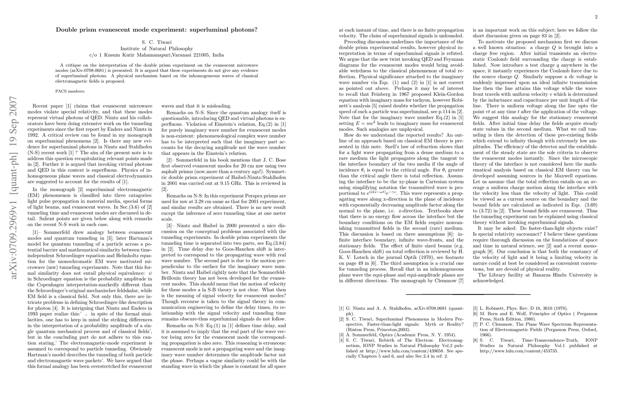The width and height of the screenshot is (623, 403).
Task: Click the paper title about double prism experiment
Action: pos(157,30)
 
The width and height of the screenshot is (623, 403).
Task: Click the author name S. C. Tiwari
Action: pos(157,42)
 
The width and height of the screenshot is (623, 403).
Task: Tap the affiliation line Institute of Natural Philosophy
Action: pos(157,49)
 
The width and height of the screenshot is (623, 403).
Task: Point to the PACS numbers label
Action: pos(70,91)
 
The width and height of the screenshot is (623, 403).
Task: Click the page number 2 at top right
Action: pos(596,17)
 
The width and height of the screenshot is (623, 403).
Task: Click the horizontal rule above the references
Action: pos(468,295)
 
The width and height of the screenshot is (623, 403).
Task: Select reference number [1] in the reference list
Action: pos(341,308)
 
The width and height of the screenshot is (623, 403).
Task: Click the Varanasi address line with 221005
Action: pos(157,55)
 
